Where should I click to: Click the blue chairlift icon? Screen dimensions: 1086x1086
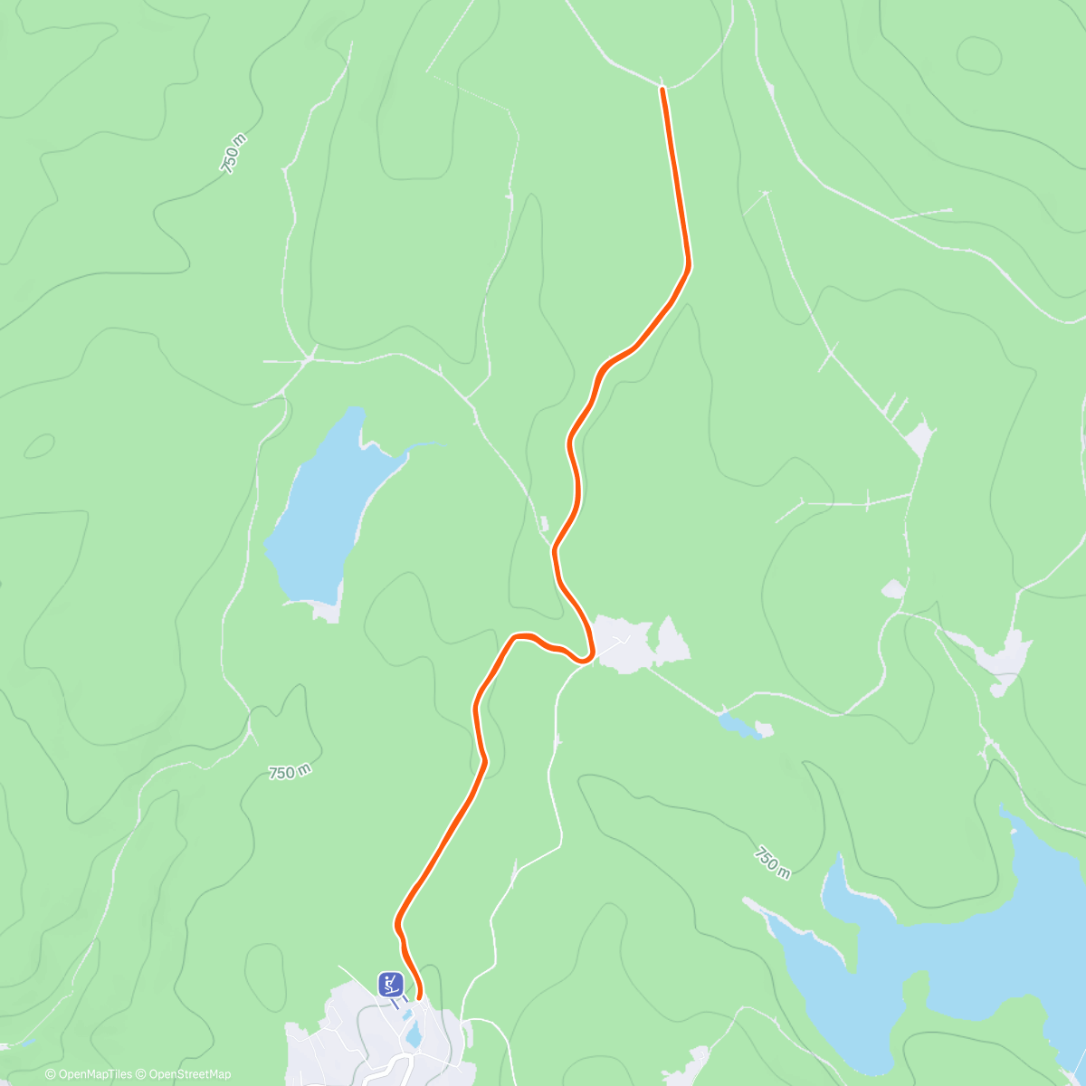pyautogui.click(x=391, y=983)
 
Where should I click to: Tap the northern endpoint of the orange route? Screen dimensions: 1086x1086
pyautogui.click(x=662, y=89)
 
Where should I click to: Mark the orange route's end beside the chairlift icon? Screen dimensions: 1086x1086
pyautogui.click(x=419, y=997)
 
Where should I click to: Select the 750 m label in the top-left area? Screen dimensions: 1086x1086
pyautogui.click(x=233, y=154)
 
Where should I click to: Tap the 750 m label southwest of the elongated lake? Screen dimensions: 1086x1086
pyautogui.click(x=290, y=772)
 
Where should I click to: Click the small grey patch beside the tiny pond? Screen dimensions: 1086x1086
pyautogui.click(x=764, y=729)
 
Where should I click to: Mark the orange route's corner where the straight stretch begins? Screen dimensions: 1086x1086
pyautogui.click(x=688, y=266)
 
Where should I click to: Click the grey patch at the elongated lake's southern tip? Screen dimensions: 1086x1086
pyautogui.click(x=326, y=613)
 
